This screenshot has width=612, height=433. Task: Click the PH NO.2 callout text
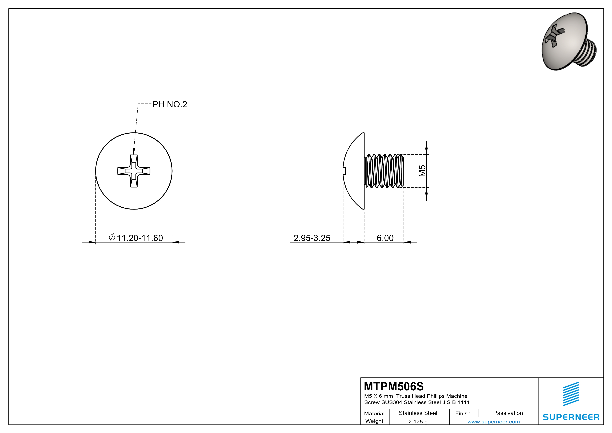pos(169,104)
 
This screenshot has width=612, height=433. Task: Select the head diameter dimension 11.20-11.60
pos(140,238)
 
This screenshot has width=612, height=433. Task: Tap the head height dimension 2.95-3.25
pos(312,238)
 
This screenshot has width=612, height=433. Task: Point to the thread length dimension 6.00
pos(385,238)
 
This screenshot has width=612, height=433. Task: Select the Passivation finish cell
pos(508,413)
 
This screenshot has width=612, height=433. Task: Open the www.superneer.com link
pos(493,421)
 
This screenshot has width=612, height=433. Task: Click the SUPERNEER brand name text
pos(571,417)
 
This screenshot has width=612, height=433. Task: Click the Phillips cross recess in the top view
pos(134,171)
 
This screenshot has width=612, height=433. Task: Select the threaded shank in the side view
pos(384,171)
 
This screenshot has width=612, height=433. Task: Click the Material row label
pos(374,413)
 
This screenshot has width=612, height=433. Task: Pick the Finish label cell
pos(463,413)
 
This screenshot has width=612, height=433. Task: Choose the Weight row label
pos(374,421)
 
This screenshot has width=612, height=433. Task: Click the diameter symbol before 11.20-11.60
pos(112,237)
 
